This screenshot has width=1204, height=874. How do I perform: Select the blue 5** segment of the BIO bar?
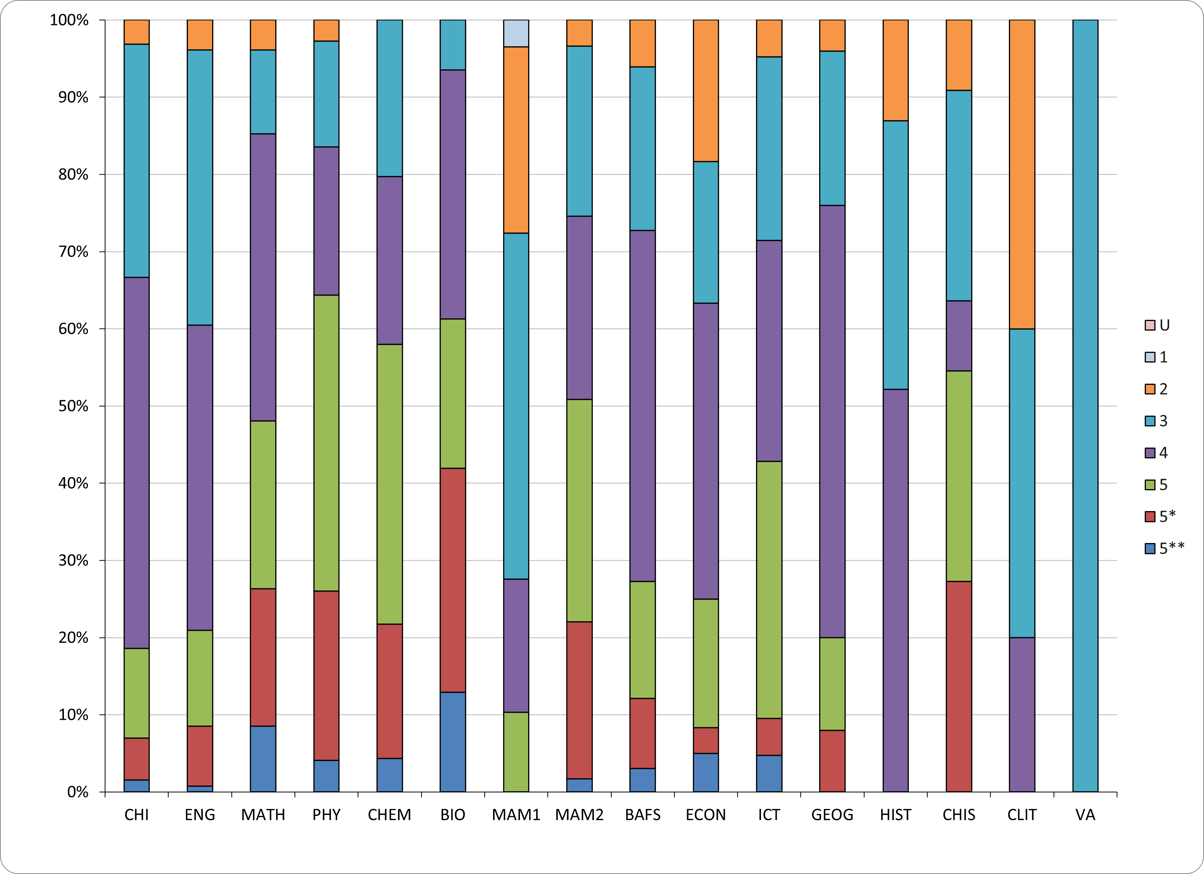453,742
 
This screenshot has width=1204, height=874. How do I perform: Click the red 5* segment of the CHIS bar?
959,687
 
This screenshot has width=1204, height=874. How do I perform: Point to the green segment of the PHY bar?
326,443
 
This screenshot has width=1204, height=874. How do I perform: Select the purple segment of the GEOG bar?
833,421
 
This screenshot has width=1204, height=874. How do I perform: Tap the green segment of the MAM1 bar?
516,752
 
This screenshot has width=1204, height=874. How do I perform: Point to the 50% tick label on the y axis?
73,406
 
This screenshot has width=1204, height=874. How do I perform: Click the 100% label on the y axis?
69,20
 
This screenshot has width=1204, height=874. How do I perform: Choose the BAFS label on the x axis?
642,815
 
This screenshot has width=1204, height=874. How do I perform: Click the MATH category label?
263,815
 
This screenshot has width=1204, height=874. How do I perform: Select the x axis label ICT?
769,815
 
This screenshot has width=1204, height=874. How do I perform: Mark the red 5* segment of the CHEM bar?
390,691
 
